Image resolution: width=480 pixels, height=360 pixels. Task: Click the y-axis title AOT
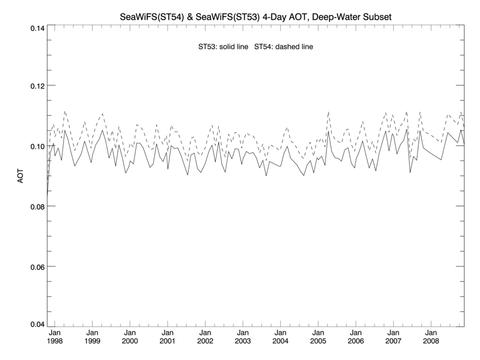tap(21, 175)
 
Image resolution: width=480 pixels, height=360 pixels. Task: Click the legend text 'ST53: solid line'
tap(223, 47)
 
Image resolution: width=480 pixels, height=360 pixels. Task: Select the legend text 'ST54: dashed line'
tap(284, 47)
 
